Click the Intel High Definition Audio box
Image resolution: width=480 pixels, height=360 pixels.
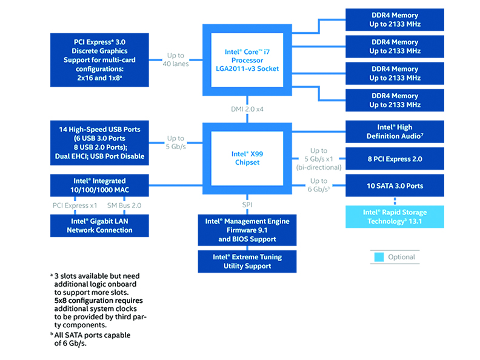coord(395,132)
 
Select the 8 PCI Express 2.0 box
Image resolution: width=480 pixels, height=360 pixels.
coord(395,159)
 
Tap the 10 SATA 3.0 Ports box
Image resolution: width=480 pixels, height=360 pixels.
coord(395,185)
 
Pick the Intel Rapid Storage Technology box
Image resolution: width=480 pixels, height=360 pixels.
coord(395,217)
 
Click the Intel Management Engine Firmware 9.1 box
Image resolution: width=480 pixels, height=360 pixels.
coord(247,230)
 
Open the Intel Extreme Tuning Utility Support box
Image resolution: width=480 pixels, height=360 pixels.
coord(247,261)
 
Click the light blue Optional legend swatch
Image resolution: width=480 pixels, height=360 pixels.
coord(378,257)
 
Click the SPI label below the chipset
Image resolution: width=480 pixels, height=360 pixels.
coord(247,205)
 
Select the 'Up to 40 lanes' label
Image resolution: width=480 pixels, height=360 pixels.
coord(176,60)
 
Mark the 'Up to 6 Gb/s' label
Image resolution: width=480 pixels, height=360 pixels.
coord(319,185)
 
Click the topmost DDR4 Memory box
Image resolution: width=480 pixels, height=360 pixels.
coord(395,20)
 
